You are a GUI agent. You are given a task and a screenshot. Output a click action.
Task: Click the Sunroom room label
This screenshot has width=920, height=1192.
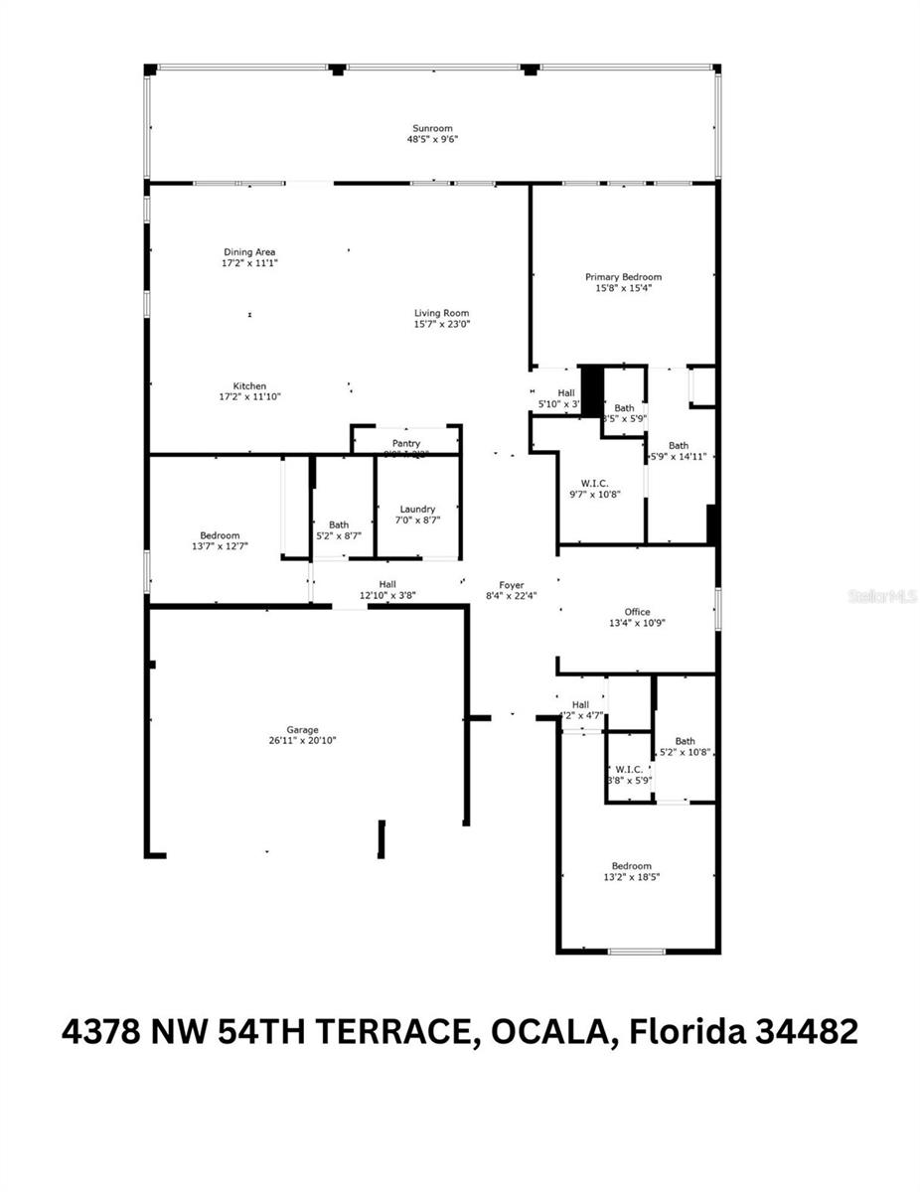click(432, 128)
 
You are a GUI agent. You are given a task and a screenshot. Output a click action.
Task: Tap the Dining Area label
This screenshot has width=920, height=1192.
click(248, 252)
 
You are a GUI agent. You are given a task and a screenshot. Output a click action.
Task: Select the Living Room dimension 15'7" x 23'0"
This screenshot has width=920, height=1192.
click(441, 325)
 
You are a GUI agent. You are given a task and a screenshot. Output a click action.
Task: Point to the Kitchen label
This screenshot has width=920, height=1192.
click(249, 386)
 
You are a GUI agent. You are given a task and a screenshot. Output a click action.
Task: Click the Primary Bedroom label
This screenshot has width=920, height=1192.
click(623, 277)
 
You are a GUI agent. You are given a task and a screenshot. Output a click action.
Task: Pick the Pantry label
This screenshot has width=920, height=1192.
click(405, 443)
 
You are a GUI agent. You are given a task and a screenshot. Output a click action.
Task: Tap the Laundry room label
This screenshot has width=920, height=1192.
click(417, 509)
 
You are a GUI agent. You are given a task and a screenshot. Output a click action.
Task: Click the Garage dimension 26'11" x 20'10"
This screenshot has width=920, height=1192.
click(303, 741)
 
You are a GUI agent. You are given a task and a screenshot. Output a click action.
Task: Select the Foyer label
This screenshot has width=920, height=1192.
click(512, 585)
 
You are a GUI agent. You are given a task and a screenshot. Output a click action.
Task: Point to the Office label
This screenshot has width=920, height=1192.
click(637, 612)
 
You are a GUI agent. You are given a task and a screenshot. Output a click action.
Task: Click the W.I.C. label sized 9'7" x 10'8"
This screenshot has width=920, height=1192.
click(594, 483)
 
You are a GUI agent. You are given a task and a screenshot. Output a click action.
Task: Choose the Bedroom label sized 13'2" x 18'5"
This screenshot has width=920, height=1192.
click(631, 865)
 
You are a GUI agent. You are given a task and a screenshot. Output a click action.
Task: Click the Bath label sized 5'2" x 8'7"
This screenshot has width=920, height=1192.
click(339, 524)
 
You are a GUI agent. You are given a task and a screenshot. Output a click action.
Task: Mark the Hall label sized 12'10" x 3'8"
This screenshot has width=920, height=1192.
click(387, 584)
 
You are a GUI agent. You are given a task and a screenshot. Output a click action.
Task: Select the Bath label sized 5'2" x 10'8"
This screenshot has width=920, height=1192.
click(686, 741)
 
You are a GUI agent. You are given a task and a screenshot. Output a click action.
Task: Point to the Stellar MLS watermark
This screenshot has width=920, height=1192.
click(882, 596)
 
